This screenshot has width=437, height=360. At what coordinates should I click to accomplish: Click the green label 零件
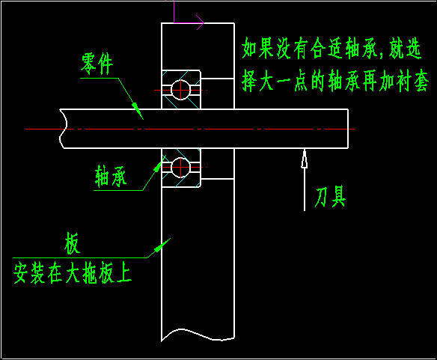pyautogui.click(x=97, y=64)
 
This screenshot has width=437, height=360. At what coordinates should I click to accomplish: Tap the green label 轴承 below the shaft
pyautogui.click(x=111, y=176)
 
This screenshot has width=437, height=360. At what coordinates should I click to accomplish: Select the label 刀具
pyautogui.click(x=331, y=197)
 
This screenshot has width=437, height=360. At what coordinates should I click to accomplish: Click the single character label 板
pyautogui.click(x=72, y=243)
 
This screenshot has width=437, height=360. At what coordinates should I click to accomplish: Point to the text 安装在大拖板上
pyautogui.click(x=72, y=273)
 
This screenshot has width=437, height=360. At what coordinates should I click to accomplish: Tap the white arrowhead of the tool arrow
pyautogui.click(x=305, y=159)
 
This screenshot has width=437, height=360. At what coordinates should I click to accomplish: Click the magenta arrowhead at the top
pyautogui.click(x=201, y=22)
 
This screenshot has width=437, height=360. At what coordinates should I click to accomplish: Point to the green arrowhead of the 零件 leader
pyautogui.click(x=137, y=111)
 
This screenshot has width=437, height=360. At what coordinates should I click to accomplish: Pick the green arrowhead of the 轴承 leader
pyautogui.click(x=158, y=167)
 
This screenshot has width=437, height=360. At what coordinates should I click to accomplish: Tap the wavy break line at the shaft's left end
pyautogui.click(x=64, y=129)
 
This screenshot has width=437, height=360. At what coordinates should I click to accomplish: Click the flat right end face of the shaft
pyautogui.click(x=348, y=129)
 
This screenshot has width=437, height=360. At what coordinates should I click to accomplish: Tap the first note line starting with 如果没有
pyautogui.click(x=331, y=48)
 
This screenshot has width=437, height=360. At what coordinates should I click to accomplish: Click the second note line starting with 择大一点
pyautogui.click(x=335, y=81)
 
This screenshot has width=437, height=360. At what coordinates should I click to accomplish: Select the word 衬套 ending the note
pyautogui.click(x=412, y=81)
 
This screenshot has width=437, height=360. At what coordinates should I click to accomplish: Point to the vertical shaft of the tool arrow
pyautogui.click(x=305, y=189)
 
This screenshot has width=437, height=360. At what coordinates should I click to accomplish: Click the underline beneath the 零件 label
pyautogui.click(x=100, y=78)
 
